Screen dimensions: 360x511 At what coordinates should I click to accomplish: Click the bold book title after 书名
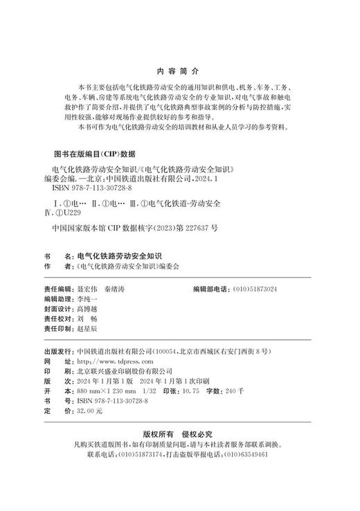tap(123, 255)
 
